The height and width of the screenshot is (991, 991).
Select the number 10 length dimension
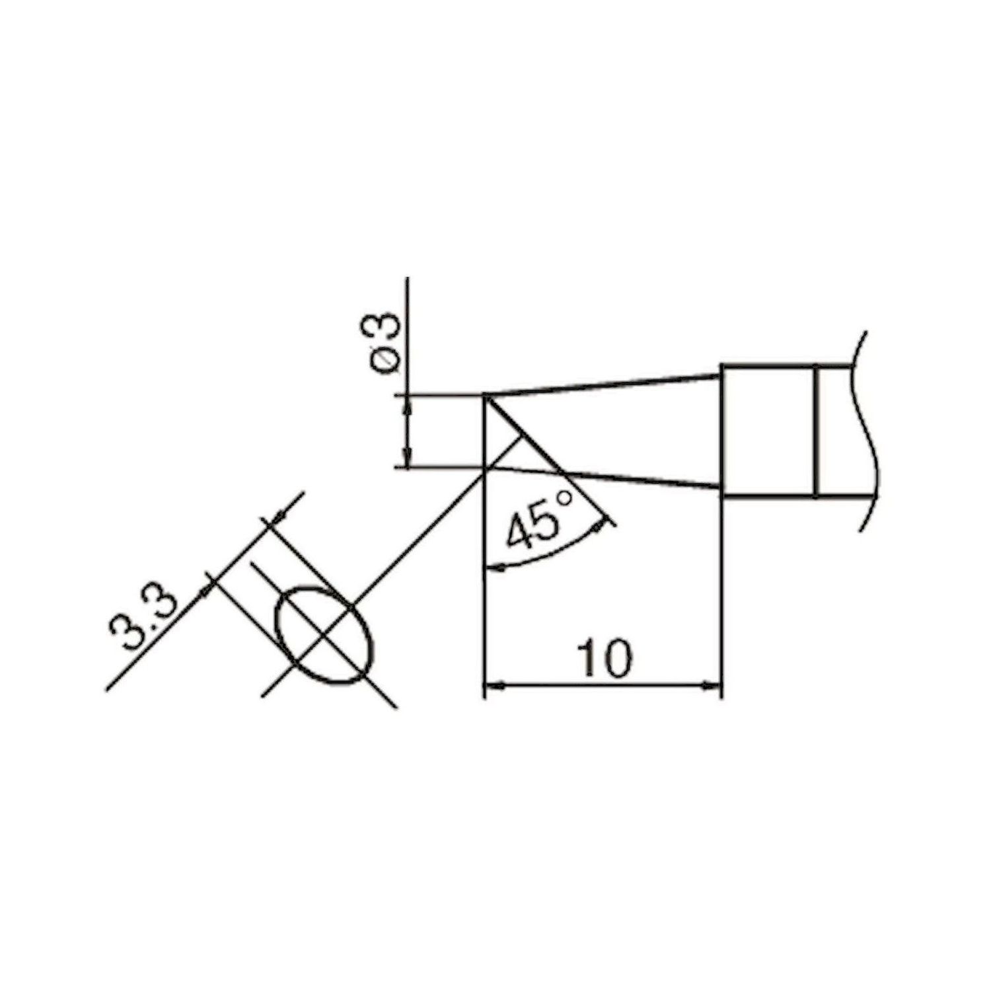pyautogui.click(x=604, y=658)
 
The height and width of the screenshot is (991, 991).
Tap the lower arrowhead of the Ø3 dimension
pyautogui.click(x=408, y=460)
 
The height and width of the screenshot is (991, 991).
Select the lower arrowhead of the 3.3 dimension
pyautogui.click(x=210, y=584)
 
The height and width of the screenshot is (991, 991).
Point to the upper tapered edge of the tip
pyautogui.click(x=601, y=385)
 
